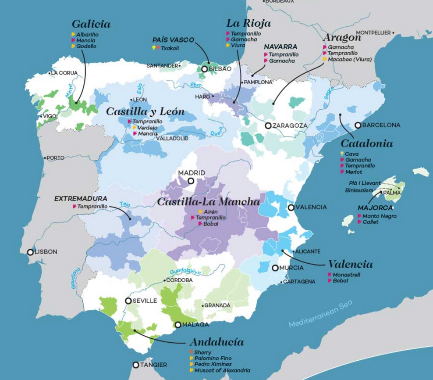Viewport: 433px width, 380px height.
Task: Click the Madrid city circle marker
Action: point(191,181)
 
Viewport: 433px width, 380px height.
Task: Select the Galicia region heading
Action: point(91,24)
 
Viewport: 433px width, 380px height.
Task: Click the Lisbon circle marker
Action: point(30,252)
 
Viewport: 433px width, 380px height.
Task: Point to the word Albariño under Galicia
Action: point(87,34)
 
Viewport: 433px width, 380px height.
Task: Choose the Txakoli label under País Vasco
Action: point(170,48)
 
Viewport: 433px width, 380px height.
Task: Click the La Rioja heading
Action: point(248,23)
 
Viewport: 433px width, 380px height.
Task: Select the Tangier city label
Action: point(153,365)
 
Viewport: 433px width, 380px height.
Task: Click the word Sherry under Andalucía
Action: point(202,352)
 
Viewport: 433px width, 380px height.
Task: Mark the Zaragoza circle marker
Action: point(268,125)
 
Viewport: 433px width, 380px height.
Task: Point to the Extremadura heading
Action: point(81,199)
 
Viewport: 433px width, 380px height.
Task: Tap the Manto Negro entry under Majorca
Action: point(380,216)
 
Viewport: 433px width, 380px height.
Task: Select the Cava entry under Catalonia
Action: point(351,154)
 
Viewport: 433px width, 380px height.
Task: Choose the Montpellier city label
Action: point(373,32)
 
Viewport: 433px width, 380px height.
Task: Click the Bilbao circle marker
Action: point(204,69)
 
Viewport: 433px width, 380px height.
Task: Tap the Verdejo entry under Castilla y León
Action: point(148,127)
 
